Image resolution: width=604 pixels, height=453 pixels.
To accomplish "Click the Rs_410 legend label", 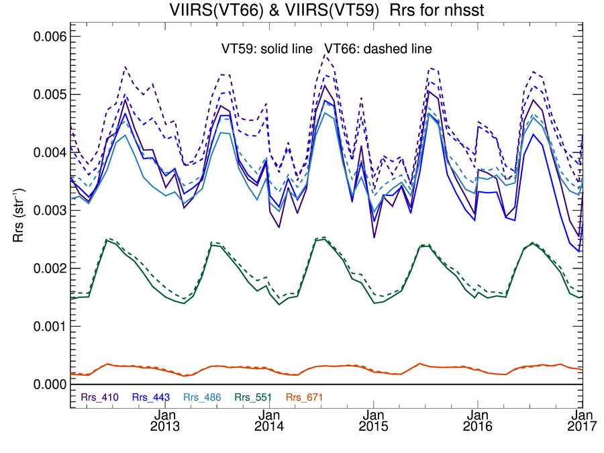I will pos(99,397).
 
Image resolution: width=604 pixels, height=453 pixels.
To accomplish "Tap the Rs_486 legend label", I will pos(203,397).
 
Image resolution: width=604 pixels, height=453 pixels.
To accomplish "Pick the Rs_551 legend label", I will pos(254,397).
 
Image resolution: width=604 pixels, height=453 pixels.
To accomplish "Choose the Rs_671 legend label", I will pos(305,397).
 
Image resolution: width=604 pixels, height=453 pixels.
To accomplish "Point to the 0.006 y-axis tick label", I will pos(50,36).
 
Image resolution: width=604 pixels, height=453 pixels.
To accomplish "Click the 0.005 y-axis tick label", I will pos(50,94).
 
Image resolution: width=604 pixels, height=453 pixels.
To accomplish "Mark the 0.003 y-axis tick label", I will pos(50,210).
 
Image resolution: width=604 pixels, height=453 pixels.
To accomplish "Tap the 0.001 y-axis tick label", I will pos(50,326).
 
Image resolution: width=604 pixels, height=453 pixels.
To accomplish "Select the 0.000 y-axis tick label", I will pos(50,384).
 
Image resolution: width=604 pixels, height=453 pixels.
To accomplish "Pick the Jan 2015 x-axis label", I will pos(372,421).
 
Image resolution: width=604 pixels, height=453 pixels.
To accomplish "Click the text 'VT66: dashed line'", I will pos(378,48).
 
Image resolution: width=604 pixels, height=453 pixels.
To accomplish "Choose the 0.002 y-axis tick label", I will pos(50,268).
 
